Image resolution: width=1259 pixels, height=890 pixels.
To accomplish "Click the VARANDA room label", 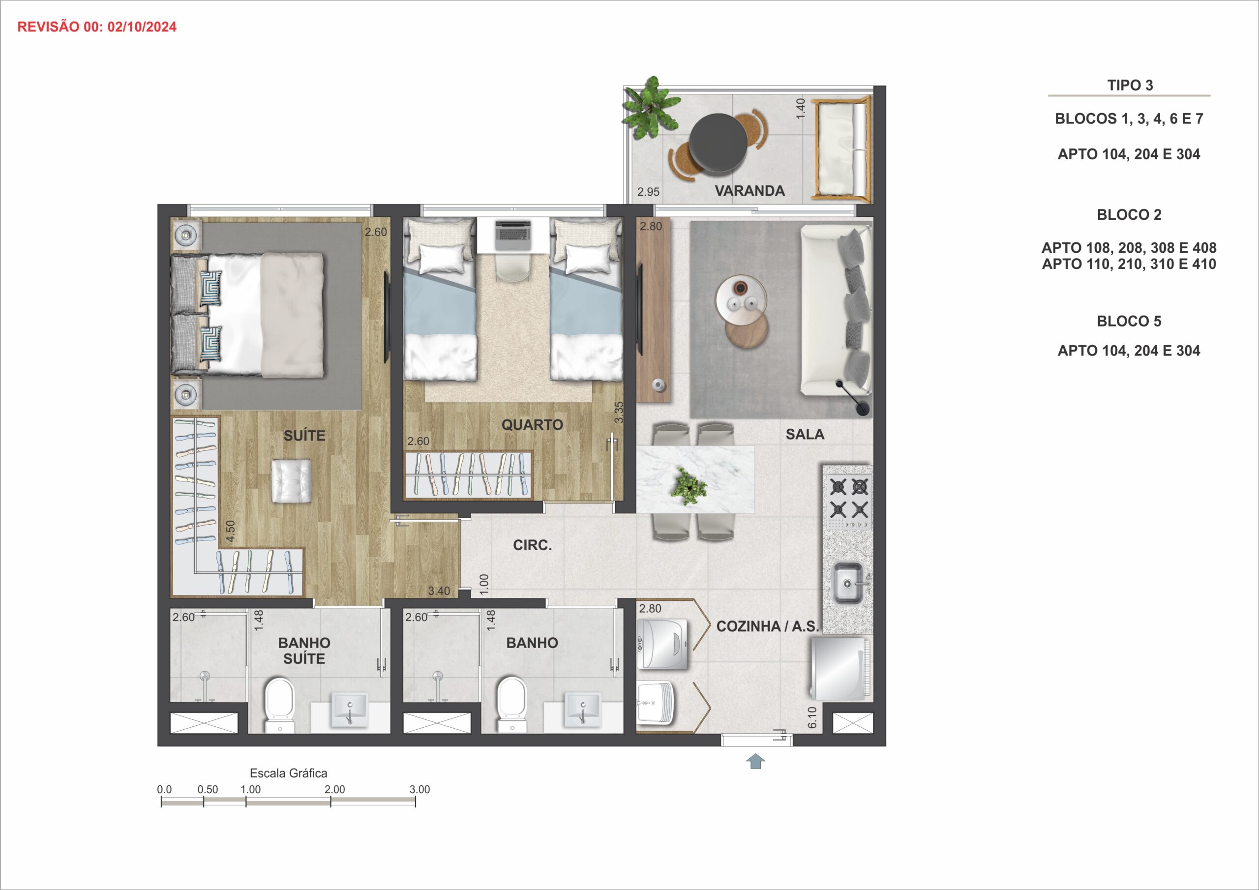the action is coord(749,191).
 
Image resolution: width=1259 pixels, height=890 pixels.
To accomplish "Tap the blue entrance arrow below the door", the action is coord(755,761).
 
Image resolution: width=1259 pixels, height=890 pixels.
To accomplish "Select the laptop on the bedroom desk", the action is coord(513,231).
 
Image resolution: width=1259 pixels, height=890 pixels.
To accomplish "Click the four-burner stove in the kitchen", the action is coord(848,498).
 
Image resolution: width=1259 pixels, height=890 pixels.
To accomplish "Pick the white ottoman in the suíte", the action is coord(292,481).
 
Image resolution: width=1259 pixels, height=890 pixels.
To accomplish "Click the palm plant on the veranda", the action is coord(651,109).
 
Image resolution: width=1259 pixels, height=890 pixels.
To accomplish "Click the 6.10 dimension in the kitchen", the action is coord(812,717).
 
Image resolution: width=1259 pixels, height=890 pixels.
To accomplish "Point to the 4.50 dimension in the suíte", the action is coord(230,532).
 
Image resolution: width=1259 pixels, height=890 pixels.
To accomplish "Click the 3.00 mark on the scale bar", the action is coord(420,789).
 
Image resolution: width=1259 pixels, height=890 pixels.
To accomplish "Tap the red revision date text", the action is coord(96,27).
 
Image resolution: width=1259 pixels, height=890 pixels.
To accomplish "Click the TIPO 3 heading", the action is coord(1130,85).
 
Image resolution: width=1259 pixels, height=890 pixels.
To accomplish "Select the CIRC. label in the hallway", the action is coord(533,545).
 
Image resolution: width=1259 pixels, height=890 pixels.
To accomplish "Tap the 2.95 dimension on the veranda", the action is coord(648,192).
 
